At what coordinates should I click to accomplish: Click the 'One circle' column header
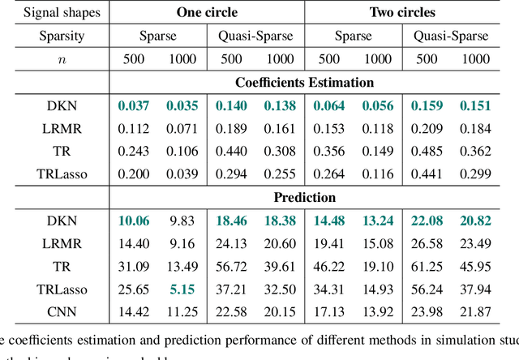coord(207,13)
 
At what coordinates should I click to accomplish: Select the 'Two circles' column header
coord(403,13)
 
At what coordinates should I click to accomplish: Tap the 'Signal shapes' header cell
coord(55,13)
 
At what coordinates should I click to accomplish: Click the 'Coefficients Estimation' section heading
coord(305,82)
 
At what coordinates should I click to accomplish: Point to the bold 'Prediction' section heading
coord(305,197)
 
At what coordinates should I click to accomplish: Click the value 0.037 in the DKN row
coord(135,105)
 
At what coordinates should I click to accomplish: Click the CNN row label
coord(55,312)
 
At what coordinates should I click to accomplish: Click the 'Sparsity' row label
coord(55,36)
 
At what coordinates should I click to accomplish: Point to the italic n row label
coord(55,59)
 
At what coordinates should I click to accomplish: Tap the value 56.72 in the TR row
coord(233,266)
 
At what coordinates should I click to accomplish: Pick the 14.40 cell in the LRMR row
coord(135,243)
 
